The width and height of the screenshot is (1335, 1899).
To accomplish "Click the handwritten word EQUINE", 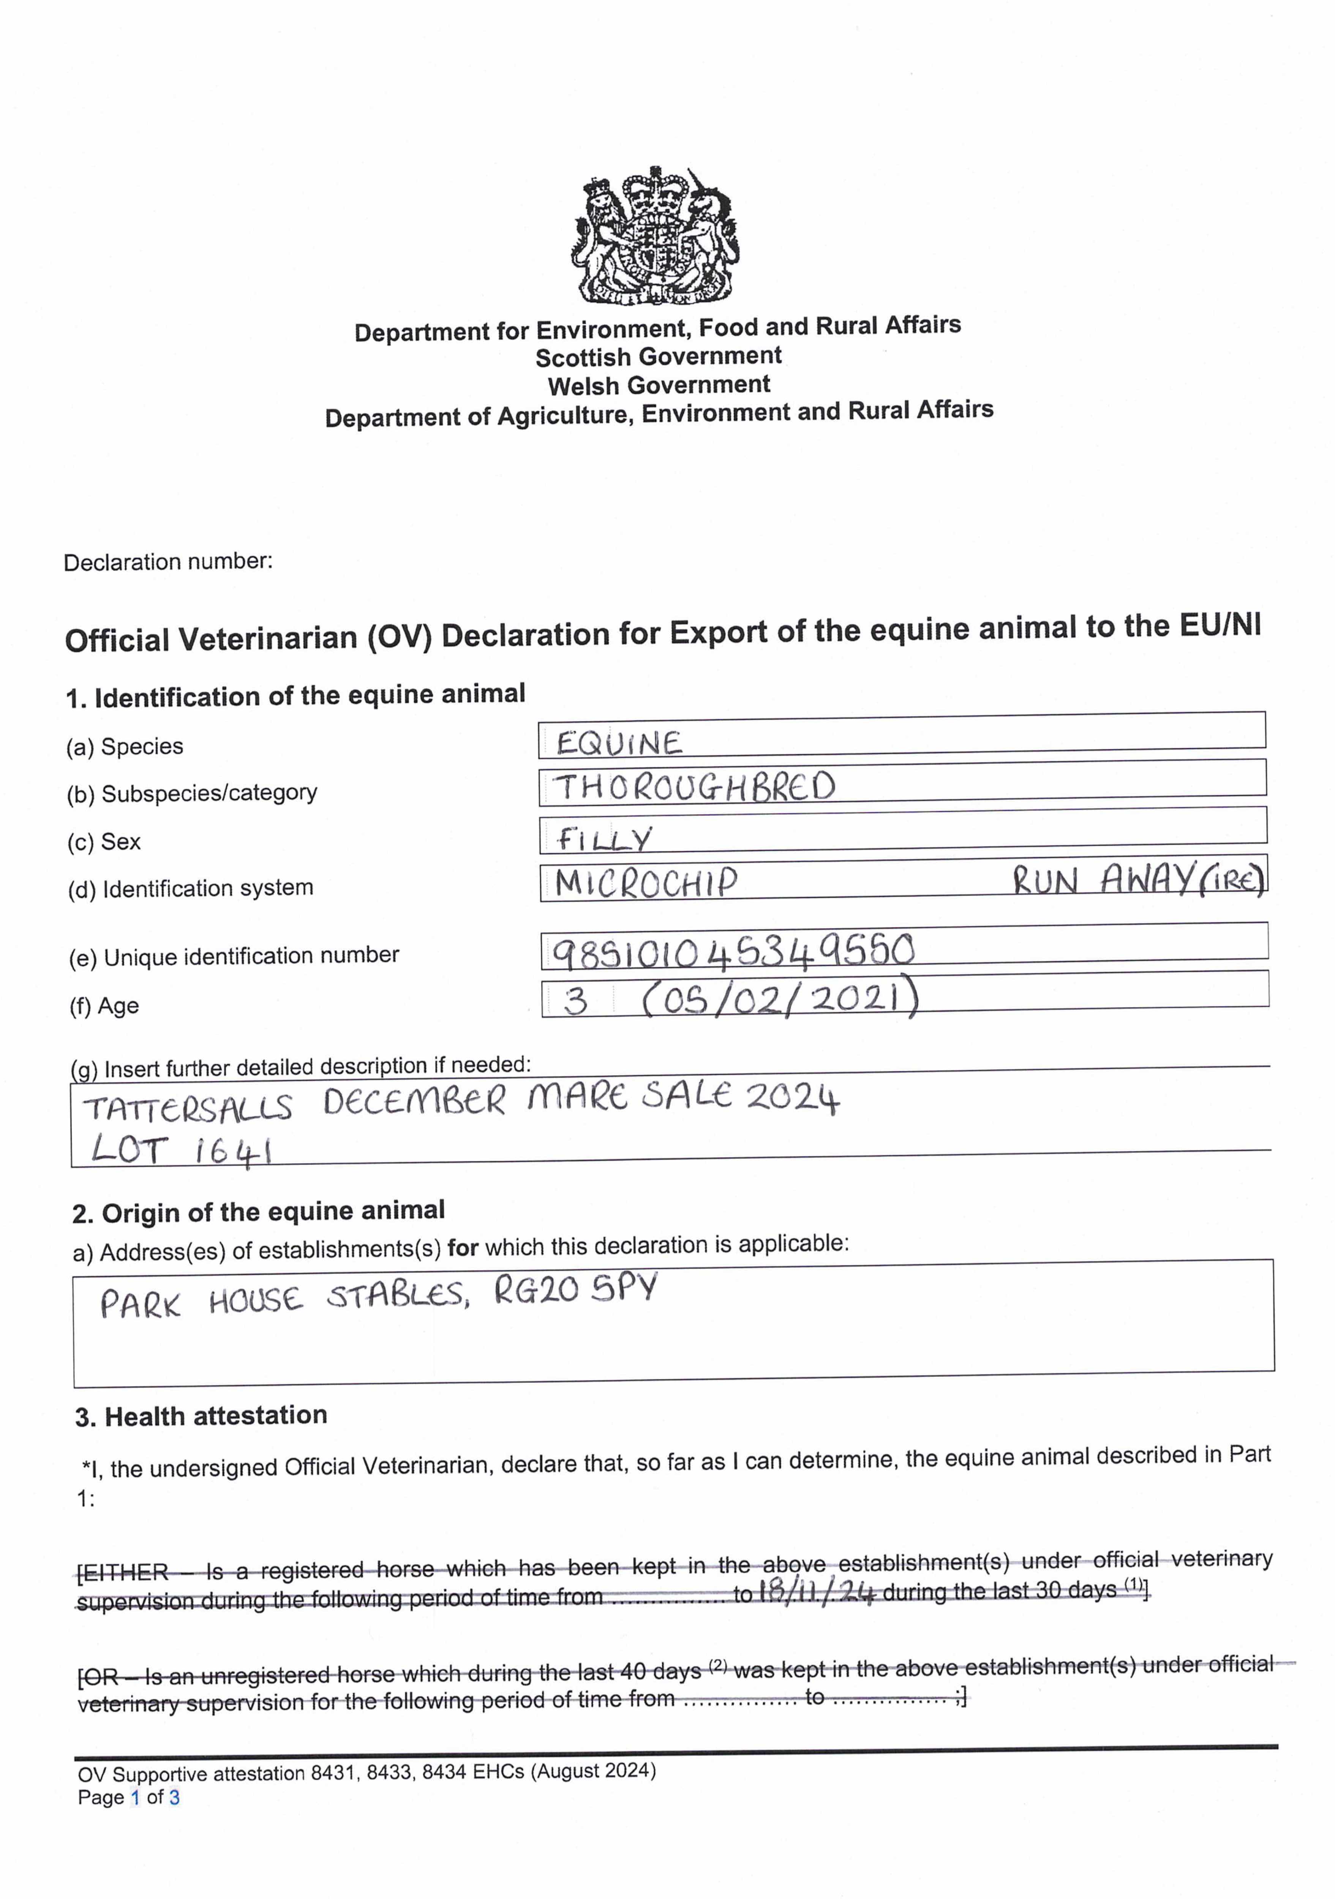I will pyautogui.click(x=619, y=743).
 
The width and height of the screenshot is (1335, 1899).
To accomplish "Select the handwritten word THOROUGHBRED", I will pyautogui.click(x=694, y=787).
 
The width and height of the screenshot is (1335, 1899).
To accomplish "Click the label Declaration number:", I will pyautogui.click(x=168, y=562).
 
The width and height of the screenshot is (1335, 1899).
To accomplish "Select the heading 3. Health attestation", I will pyautogui.click(x=201, y=1416).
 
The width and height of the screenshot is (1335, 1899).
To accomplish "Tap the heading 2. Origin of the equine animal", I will pyautogui.click(x=258, y=1212).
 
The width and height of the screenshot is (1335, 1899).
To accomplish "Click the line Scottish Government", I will pyautogui.click(x=659, y=357).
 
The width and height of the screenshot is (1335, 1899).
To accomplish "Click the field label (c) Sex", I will pyautogui.click(x=104, y=842).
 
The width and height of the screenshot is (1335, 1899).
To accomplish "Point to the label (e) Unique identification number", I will pyautogui.click(x=234, y=956).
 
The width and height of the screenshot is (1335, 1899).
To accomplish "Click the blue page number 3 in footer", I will pyautogui.click(x=175, y=1797).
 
